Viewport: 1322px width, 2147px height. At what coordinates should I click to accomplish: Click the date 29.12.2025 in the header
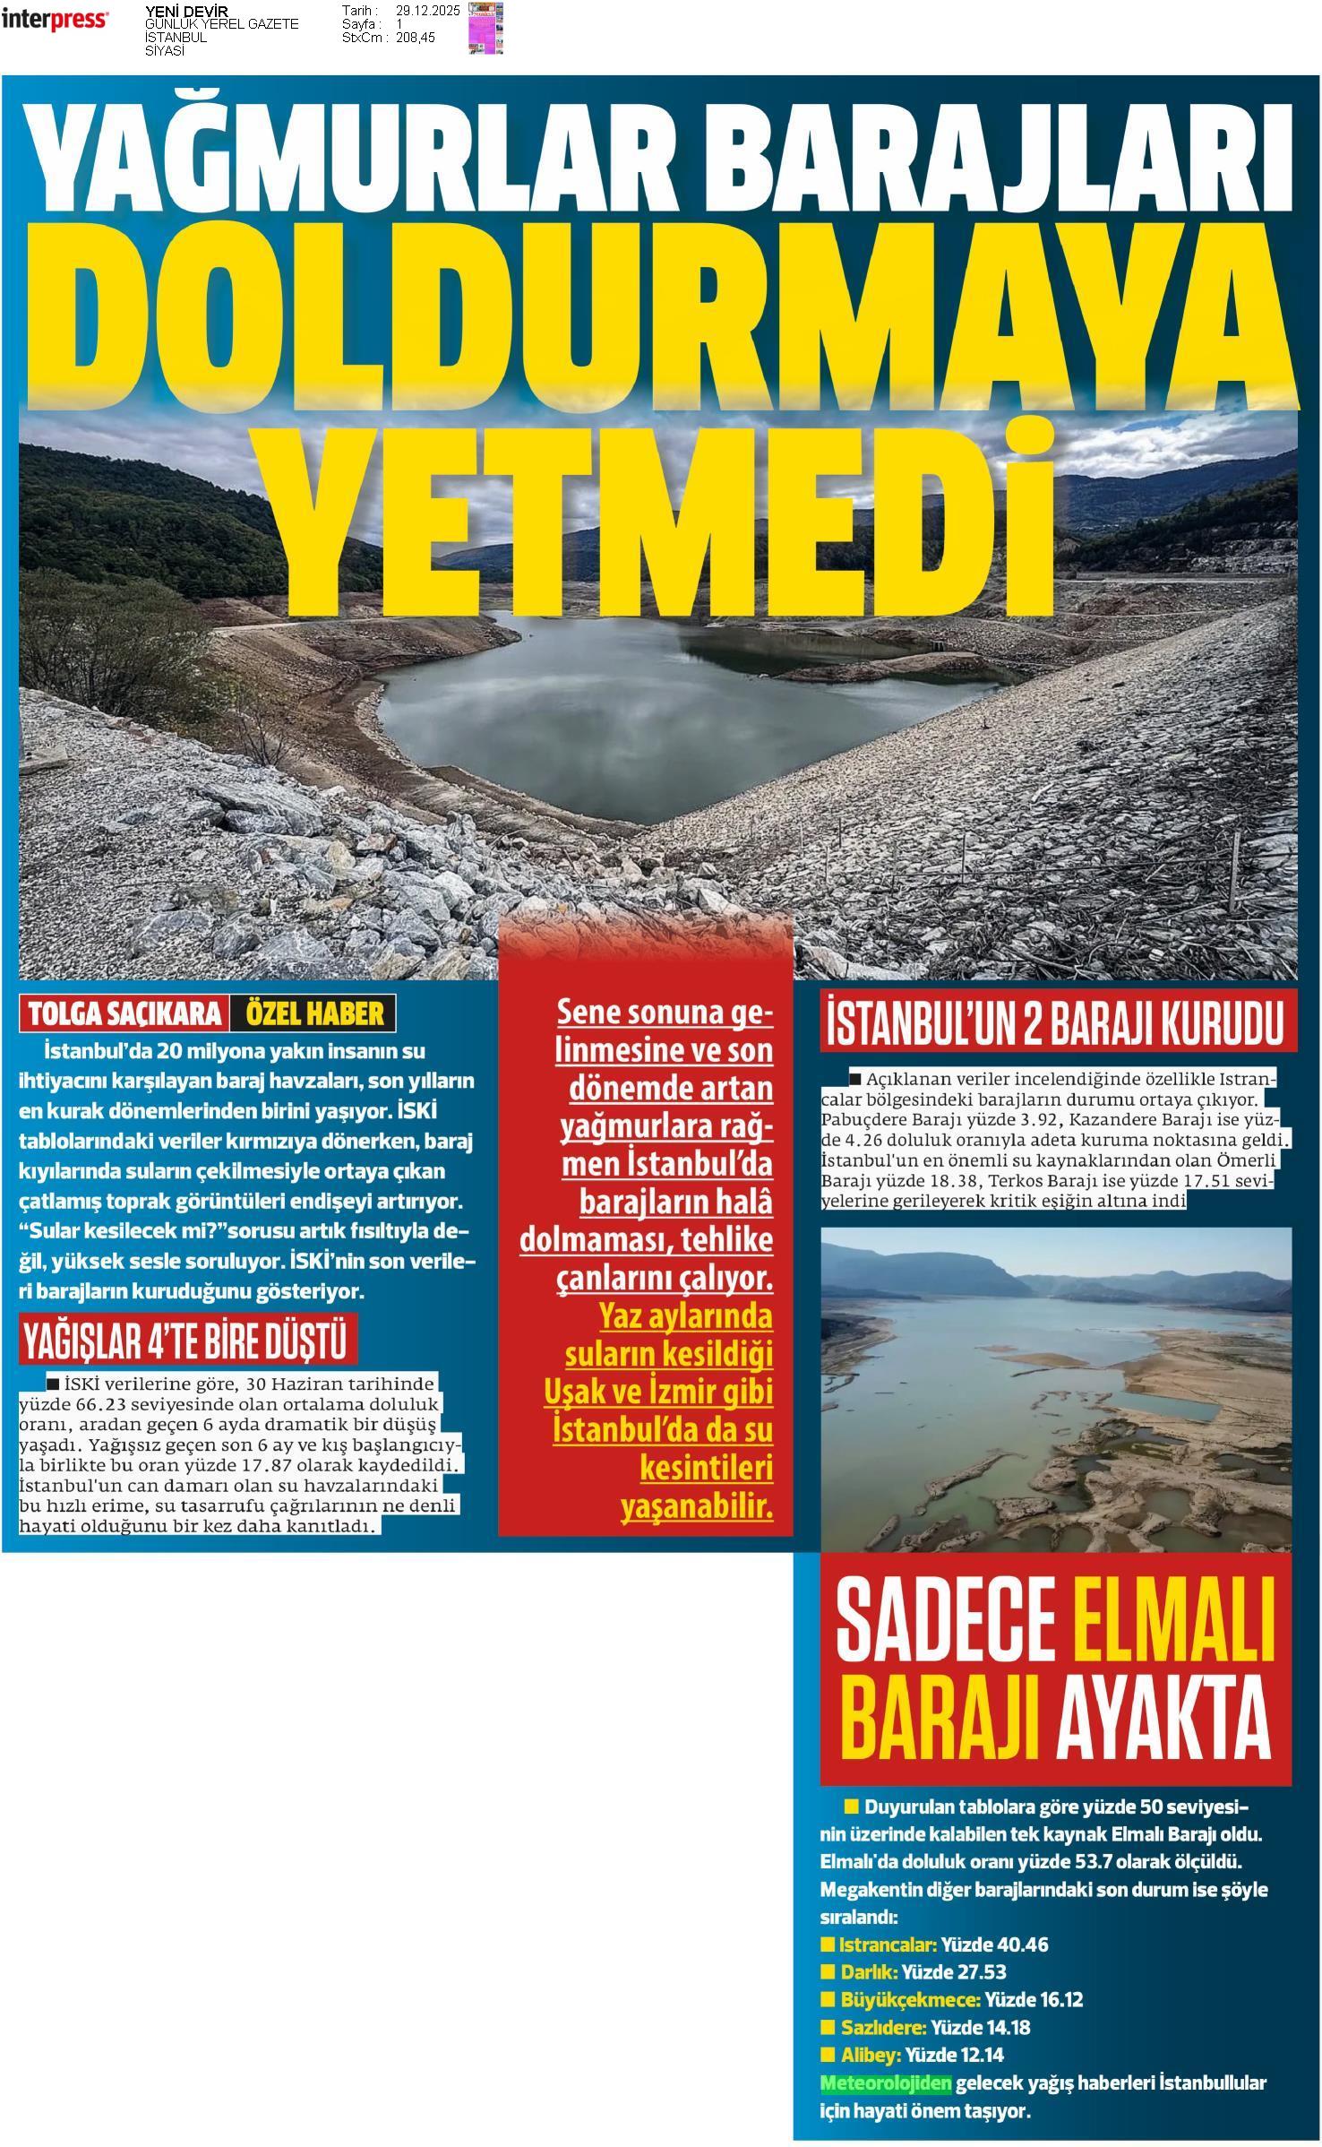[427, 11]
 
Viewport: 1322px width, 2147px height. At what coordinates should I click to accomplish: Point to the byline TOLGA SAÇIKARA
[124, 1013]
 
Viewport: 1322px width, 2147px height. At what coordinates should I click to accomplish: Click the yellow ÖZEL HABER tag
[313, 1013]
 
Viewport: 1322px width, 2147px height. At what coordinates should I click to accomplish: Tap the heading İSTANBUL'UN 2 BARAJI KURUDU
[1058, 1024]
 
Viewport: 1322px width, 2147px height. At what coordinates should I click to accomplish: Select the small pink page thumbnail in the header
[485, 27]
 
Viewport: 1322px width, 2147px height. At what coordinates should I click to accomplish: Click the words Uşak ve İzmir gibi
[658, 1393]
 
